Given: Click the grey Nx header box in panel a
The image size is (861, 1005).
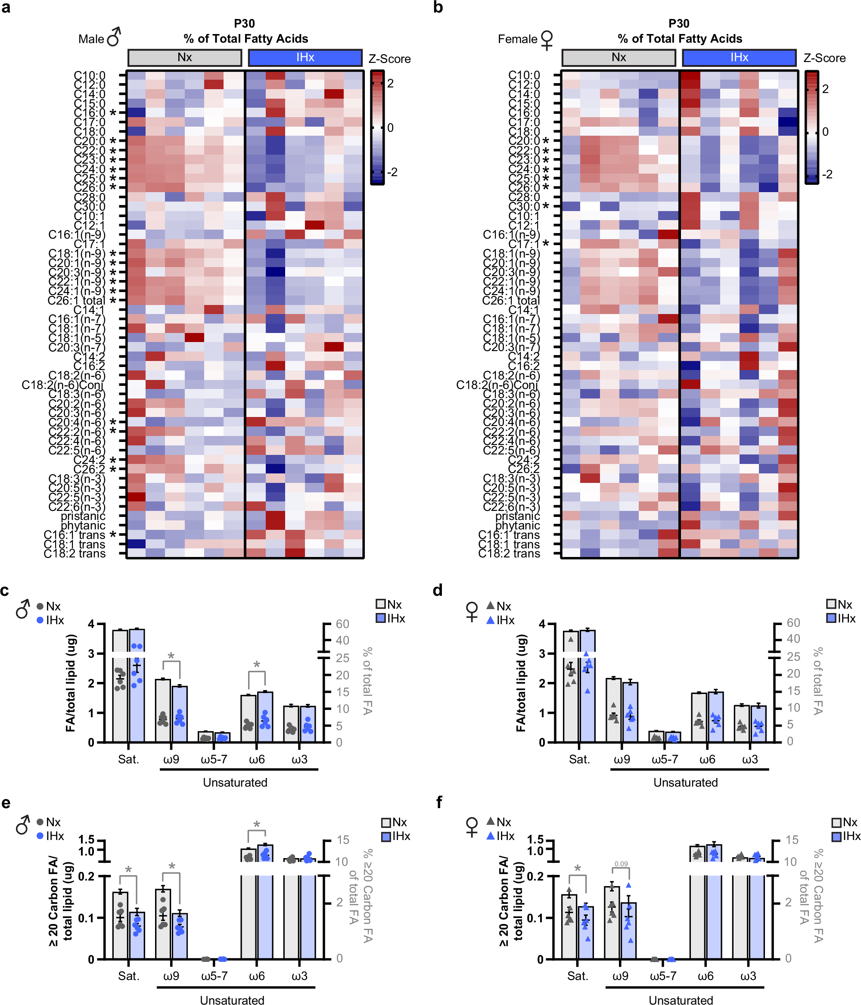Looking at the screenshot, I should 185,58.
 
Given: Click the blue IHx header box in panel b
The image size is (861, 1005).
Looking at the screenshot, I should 739,58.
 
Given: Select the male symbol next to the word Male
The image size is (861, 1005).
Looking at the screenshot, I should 114,37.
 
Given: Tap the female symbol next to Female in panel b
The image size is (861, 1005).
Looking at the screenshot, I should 547,39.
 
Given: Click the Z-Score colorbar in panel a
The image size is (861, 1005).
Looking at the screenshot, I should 377,128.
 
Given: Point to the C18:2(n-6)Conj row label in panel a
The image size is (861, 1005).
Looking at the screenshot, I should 63,385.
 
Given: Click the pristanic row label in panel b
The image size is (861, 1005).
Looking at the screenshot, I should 517,516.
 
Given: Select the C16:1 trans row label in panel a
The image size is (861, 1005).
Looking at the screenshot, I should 74,535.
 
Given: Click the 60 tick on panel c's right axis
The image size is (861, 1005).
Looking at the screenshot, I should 342,624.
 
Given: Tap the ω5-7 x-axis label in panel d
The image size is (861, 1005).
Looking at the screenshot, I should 664,759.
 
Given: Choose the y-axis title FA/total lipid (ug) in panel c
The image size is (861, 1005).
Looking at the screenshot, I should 71,682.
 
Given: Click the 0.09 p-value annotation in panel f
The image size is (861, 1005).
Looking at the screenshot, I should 621,864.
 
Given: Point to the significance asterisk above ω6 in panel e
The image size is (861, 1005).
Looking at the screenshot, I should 257,825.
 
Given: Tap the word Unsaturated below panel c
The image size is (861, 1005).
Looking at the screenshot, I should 235,782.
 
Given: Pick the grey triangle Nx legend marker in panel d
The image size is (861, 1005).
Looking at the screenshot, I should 491,605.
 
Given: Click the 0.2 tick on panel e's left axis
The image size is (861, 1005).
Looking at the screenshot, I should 87,876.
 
